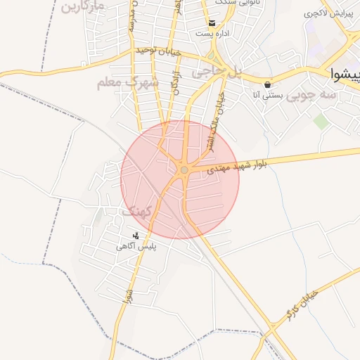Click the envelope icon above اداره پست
click(x=212, y=22)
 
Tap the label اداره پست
click(x=212, y=33)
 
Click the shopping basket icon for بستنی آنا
click(x=268, y=84)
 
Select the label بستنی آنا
click(x=268, y=94)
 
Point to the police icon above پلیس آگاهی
click(x=136, y=236)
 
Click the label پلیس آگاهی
click(x=136, y=247)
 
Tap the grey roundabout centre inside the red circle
click(x=184, y=169)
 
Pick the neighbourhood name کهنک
click(x=137, y=212)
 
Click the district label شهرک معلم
click(x=128, y=84)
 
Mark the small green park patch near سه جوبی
click(x=321, y=122)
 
